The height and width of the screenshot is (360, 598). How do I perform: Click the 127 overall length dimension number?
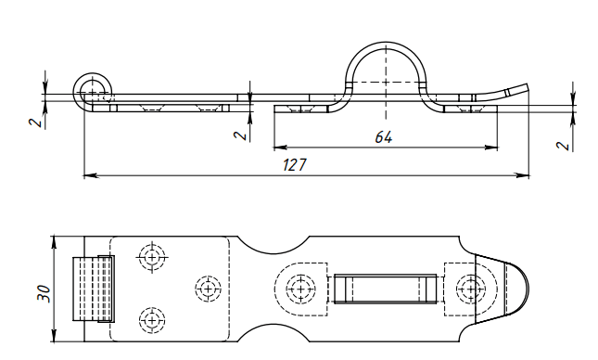[295, 164]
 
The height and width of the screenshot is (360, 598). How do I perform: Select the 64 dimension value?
[383, 137]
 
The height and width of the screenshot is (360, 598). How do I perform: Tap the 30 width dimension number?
[44, 293]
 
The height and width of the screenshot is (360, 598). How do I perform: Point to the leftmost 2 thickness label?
[35, 122]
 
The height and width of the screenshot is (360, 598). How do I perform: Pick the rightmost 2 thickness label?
[563, 146]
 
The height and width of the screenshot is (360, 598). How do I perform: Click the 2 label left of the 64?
[240, 135]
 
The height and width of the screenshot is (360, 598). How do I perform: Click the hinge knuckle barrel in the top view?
[94, 289]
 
